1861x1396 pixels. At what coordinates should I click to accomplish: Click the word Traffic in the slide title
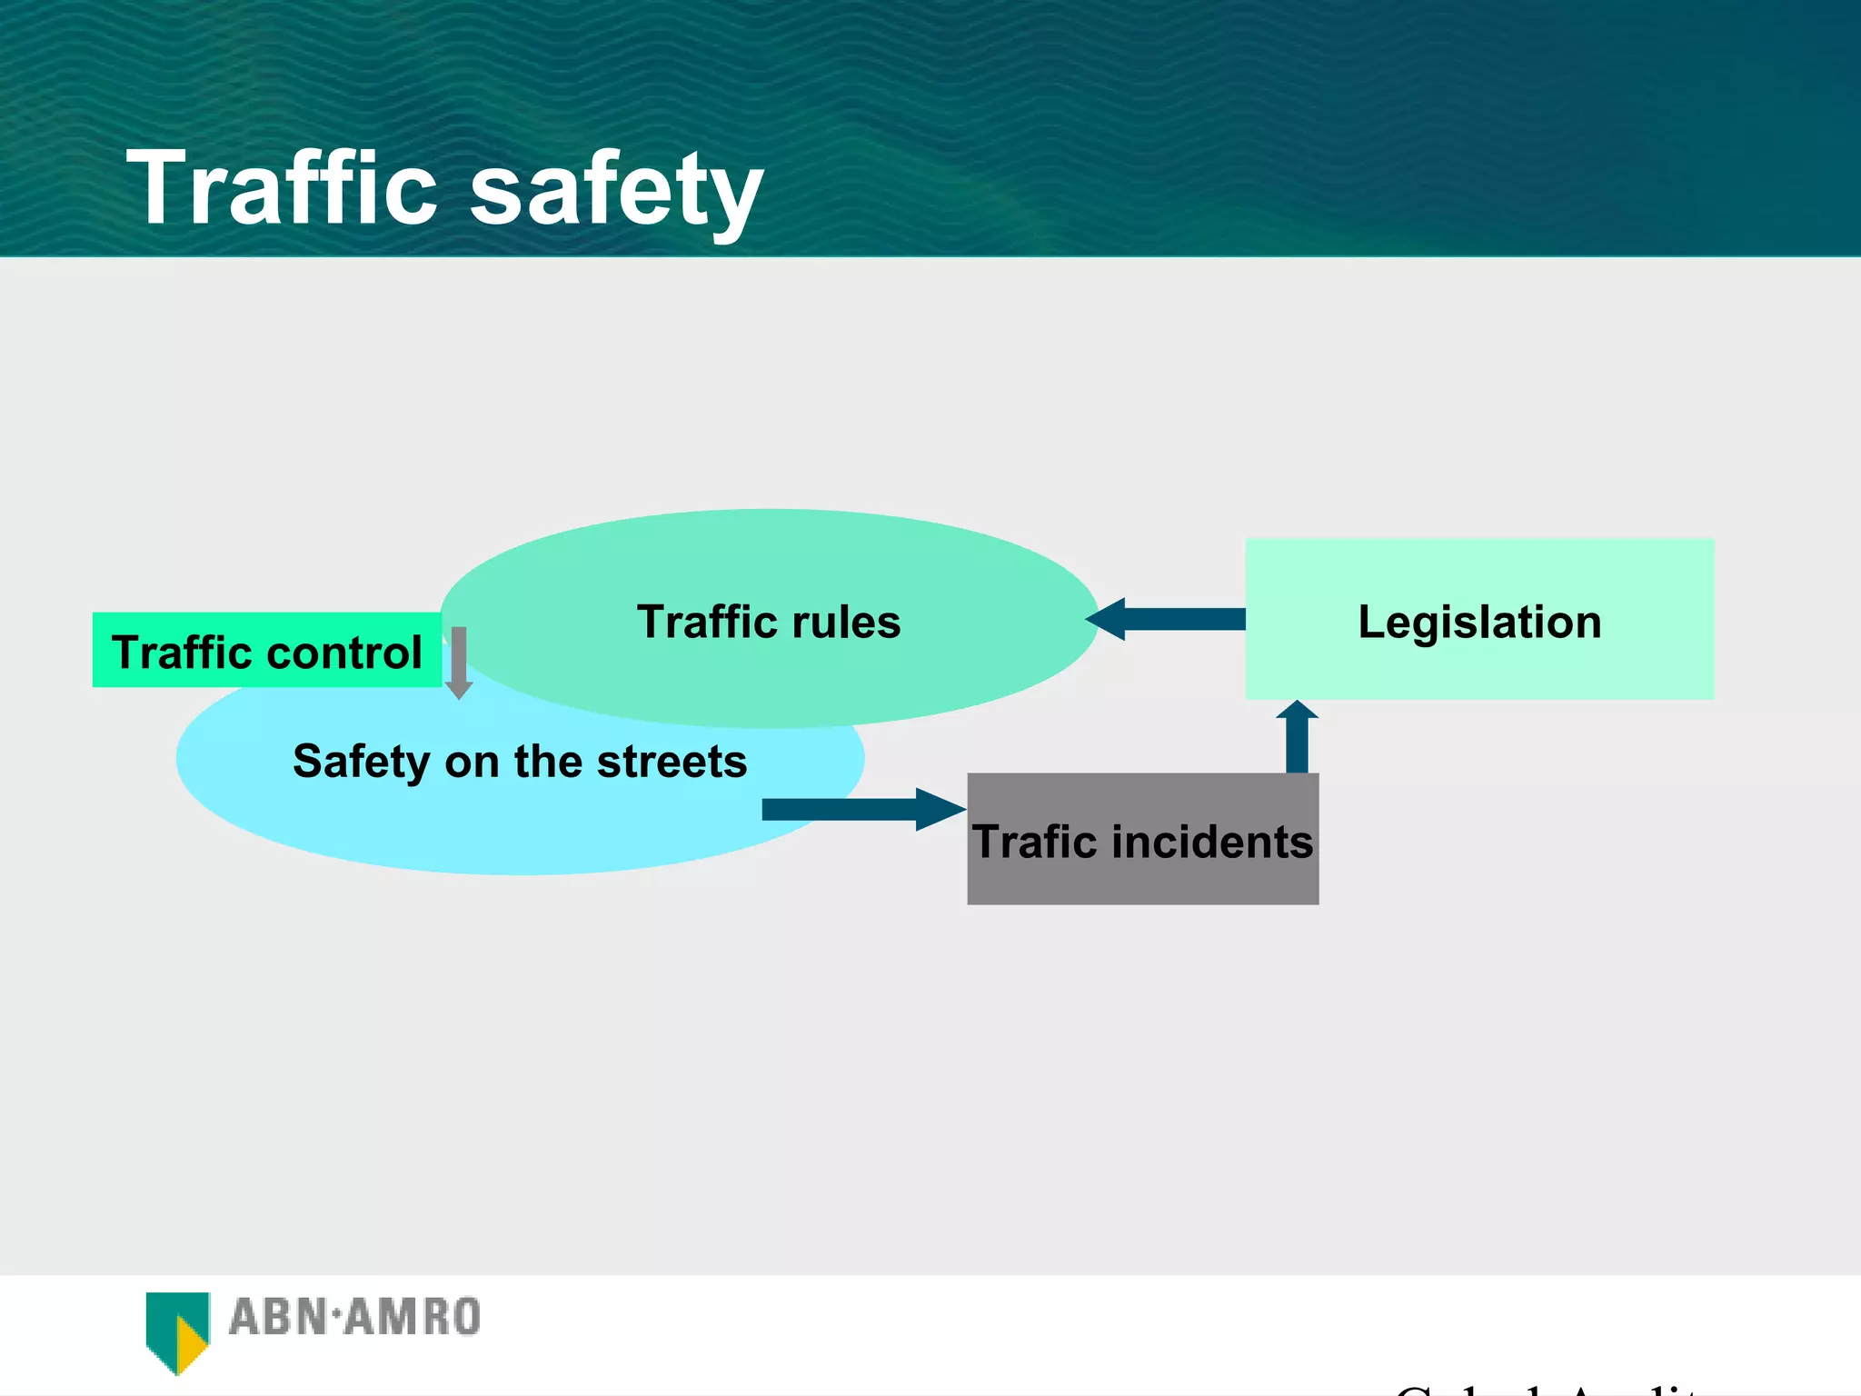282,188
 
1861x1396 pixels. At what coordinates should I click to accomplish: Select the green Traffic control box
266,651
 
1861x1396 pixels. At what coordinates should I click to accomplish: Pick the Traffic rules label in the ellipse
769,623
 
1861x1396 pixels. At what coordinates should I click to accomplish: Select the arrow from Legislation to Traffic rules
1168,619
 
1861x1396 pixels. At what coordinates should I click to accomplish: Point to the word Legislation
1479,623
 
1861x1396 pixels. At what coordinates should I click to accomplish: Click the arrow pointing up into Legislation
1297,736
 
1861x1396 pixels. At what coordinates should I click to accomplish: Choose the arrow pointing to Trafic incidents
863,809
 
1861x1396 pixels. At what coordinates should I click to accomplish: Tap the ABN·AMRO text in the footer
354,1318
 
